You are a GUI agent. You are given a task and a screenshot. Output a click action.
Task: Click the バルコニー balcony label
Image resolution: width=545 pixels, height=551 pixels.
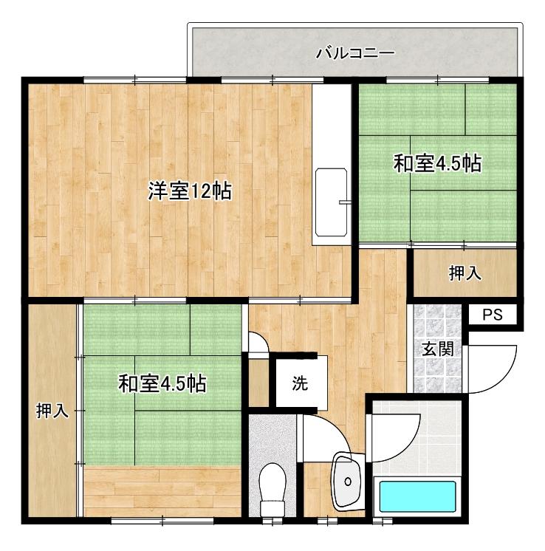pos(355,53)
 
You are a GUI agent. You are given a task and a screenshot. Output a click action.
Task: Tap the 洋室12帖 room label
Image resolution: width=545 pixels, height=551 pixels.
pos(190,191)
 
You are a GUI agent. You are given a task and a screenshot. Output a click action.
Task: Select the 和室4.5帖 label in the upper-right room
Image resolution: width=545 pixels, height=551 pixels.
pos(437,163)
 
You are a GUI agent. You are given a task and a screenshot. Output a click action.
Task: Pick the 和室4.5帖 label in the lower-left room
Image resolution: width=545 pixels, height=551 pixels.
pos(162,383)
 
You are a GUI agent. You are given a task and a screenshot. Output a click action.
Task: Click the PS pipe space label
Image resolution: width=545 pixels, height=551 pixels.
pos(493,315)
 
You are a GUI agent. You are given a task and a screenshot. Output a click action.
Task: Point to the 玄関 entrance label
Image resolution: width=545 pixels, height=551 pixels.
pos(437,349)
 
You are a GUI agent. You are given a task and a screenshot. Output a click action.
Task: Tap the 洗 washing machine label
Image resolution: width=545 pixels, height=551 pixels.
pos(300,383)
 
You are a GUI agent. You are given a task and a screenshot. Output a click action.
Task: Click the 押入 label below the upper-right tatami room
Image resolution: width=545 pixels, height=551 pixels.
pos(465,273)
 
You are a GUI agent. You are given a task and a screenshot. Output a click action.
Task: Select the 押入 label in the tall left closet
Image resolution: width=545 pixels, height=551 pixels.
pos(52,411)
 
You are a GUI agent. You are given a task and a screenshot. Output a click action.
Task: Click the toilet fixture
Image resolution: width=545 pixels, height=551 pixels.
pos(272,489)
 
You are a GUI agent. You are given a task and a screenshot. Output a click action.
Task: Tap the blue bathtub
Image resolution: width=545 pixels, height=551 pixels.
pos(418,496)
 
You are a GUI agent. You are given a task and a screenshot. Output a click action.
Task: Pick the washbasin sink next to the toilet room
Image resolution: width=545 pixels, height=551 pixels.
pos(348,481)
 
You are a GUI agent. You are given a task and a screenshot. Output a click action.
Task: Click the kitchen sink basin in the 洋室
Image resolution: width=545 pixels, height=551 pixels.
pos(332,202)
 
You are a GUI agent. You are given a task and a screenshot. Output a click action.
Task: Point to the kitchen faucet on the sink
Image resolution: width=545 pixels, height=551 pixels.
pos(345,202)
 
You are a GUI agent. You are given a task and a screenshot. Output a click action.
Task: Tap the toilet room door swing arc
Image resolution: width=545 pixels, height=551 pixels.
pos(335,428)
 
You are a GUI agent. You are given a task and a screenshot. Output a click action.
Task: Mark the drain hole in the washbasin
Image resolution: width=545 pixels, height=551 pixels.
pos(348,481)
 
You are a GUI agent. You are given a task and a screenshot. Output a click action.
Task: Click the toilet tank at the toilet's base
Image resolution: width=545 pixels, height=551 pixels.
pos(272,508)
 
